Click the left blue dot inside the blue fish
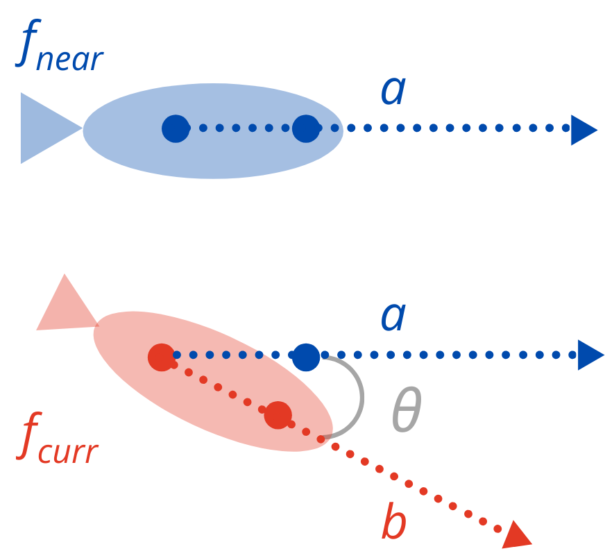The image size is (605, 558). (176, 128)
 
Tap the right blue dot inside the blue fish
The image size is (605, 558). (305, 128)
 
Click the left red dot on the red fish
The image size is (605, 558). (162, 357)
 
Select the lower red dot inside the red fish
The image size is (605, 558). (278, 415)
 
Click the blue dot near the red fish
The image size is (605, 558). (305, 356)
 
